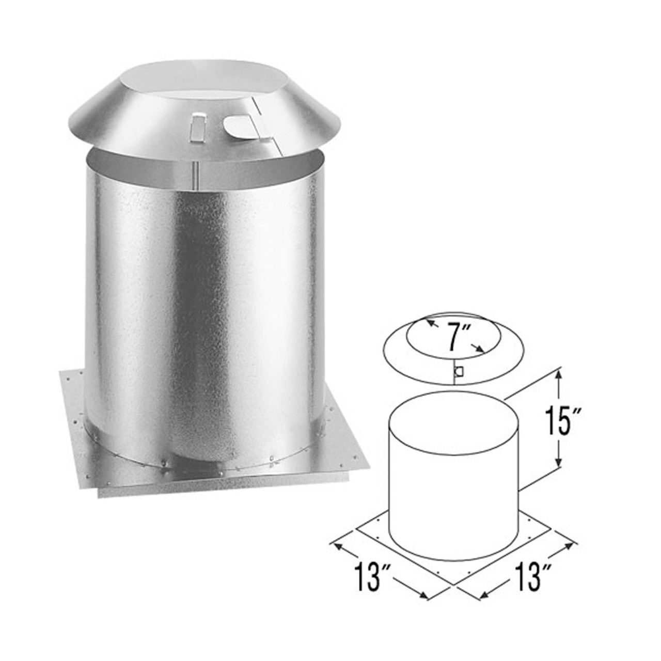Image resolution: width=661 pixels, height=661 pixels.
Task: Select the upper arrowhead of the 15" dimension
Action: point(558,377)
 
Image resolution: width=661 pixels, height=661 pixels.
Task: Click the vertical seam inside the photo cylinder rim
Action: point(195,170)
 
